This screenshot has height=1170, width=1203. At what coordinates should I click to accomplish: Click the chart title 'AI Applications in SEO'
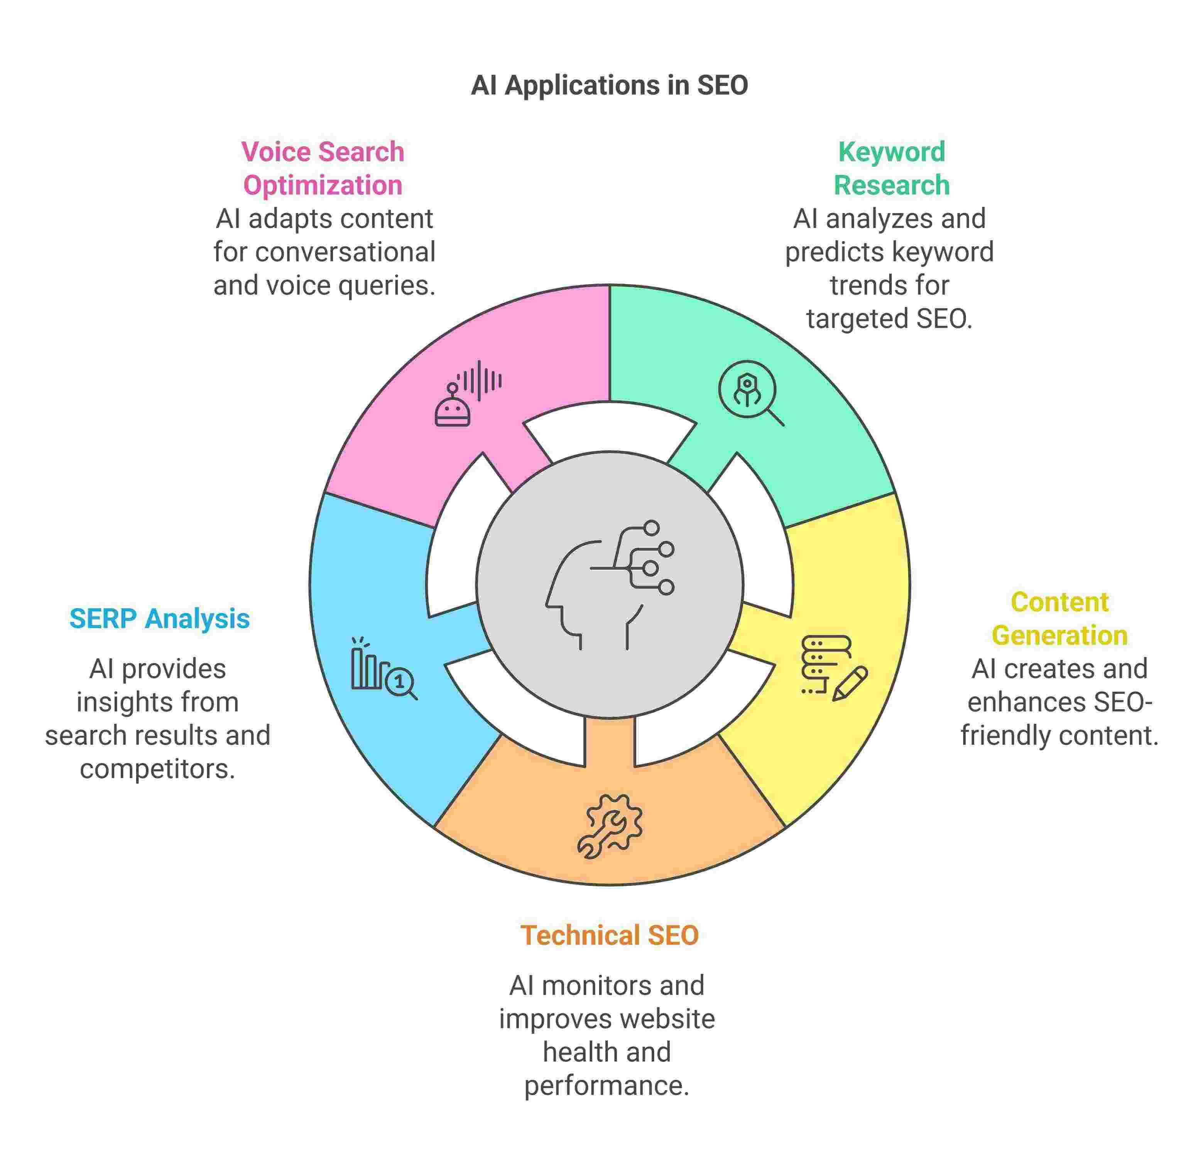[x=609, y=85]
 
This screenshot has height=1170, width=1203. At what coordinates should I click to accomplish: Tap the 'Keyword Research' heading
[x=892, y=168]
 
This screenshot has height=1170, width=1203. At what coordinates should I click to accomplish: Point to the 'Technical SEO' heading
[x=610, y=935]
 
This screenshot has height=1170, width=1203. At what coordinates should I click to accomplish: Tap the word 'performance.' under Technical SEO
[x=607, y=1086]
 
